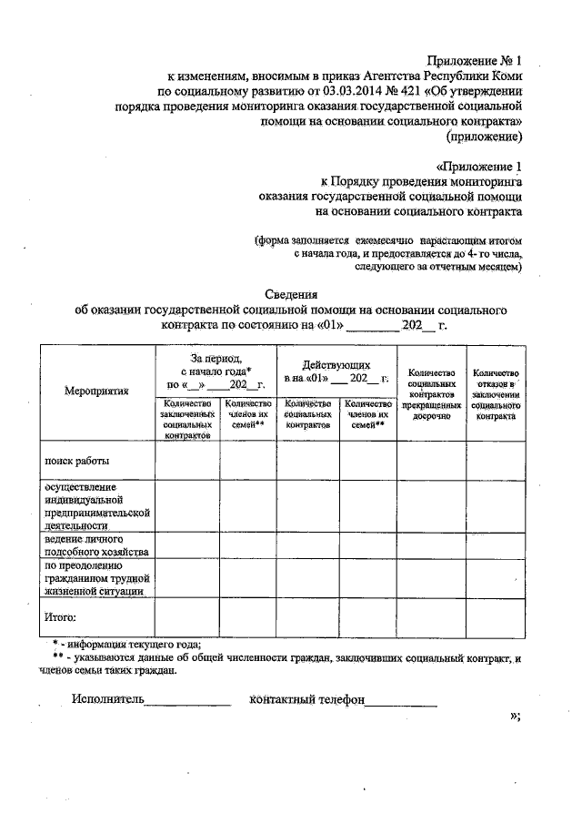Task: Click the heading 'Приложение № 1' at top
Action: [x=477, y=61]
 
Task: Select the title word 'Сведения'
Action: [x=290, y=294]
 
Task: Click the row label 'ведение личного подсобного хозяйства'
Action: [x=90, y=544]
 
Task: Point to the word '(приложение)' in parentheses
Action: [x=484, y=137]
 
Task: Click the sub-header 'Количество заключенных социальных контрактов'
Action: [x=187, y=420]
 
